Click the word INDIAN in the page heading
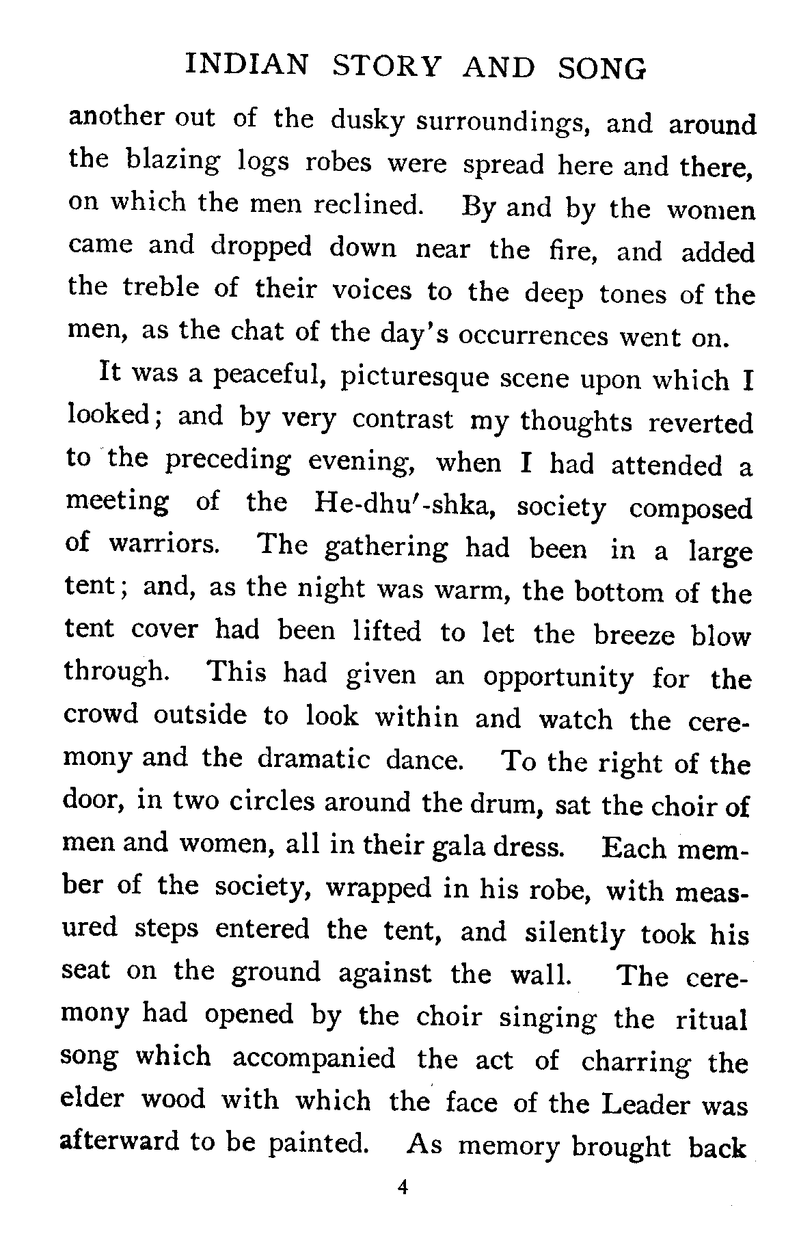pos(247,66)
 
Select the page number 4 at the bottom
pos(402,1188)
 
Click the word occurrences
pos(532,336)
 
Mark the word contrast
pos(403,420)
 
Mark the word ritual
pos(711,1019)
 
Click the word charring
pos(636,1062)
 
